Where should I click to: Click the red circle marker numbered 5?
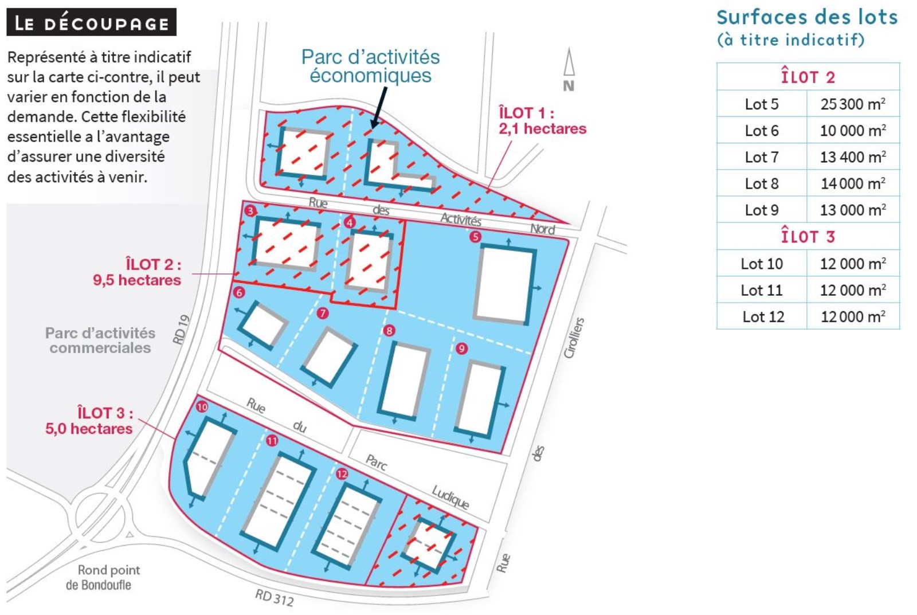[475, 237]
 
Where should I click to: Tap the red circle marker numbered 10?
[202, 406]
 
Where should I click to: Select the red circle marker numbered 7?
[323, 314]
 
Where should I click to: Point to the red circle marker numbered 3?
[250, 211]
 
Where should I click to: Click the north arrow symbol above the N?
[569, 62]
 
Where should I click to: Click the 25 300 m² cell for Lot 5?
[853, 104]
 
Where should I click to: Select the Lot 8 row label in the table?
[762, 183]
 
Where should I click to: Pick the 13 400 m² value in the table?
[853, 157]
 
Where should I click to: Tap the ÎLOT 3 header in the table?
[808, 236]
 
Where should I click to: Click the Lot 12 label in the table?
[763, 316]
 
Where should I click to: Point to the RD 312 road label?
[275, 597]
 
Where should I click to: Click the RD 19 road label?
[181, 330]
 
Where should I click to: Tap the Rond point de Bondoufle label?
[104, 577]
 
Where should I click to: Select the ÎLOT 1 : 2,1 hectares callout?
[542, 120]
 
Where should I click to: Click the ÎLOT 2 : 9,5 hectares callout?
[137, 272]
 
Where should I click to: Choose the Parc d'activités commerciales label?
[100, 340]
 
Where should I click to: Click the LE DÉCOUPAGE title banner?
[91, 22]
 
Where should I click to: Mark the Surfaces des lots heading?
[808, 17]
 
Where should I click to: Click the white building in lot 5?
[505, 285]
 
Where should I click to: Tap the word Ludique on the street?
[450, 497]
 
